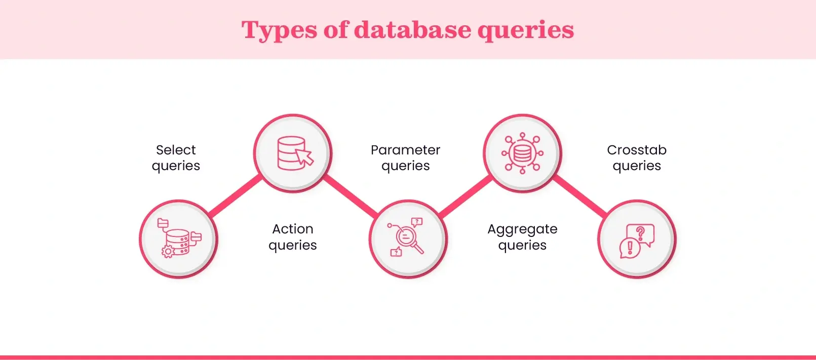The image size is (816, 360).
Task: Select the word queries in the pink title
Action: tap(525, 30)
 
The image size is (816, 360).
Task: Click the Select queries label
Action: tap(176, 158)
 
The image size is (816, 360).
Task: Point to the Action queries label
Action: tap(293, 237)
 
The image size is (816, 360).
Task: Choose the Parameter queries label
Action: tap(405, 158)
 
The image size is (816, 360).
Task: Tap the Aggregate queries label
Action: tap(522, 237)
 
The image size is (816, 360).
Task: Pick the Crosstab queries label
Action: tap(637, 158)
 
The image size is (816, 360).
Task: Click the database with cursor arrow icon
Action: tap(293, 153)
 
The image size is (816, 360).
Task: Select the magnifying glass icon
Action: tap(408, 238)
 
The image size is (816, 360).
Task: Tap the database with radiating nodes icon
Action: tap(522, 153)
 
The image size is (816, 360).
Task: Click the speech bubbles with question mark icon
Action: tap(637, 239)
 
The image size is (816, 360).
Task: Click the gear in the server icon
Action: tap(168, 251)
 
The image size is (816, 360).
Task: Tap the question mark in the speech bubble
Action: tap(641, 233)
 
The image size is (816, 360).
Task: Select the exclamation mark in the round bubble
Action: tap(630, 247)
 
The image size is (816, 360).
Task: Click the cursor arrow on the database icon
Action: tap(305, 157)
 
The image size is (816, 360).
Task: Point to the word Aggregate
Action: tap(522, 229)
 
